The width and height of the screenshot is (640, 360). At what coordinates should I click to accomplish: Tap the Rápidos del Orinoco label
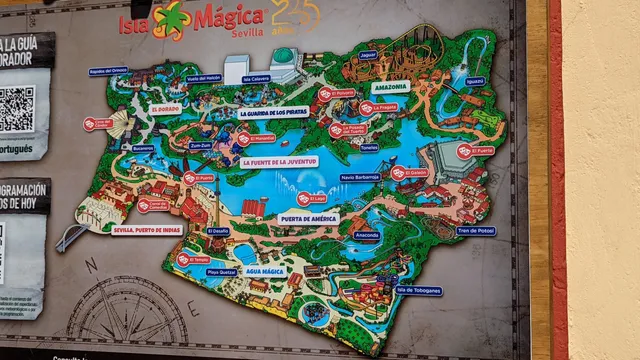(108, 71)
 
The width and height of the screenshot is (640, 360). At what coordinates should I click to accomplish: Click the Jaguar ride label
(368, 55)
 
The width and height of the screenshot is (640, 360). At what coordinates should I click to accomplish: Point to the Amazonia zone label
(390, 86)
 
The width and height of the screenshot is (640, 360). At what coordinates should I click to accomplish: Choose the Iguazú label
(475, 81)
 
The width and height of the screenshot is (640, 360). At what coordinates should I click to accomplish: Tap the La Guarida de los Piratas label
(273, 113)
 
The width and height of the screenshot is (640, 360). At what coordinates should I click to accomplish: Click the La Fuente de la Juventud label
(279, 161)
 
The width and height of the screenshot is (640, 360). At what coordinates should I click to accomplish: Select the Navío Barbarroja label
(360, 177)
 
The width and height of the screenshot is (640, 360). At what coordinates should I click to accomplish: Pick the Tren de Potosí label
(476, 230)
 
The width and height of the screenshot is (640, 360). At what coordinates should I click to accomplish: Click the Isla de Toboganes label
(419, 291)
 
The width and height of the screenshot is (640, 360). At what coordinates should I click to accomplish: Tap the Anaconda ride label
(367, 236)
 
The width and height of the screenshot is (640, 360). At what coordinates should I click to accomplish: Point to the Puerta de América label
(308, 217)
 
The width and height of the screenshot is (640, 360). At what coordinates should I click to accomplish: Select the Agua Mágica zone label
(265, 270)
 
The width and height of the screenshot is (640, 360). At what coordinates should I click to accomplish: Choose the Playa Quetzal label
(221, 271)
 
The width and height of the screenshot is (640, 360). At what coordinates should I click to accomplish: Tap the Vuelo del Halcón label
(203, 78)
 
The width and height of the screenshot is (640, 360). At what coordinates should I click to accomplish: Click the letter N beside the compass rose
(91, 264)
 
